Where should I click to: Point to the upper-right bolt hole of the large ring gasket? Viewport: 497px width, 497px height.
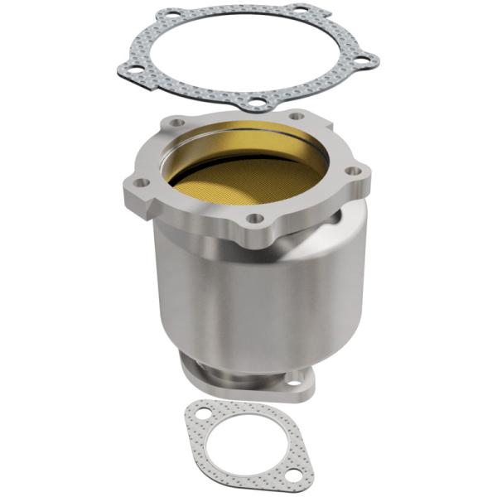tap(300, 10)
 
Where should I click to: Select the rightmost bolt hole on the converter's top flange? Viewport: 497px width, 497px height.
tap(355, 171)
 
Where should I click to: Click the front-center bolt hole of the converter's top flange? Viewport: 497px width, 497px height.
tap(256, 219)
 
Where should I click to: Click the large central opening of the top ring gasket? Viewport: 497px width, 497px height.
tap(248, 54)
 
